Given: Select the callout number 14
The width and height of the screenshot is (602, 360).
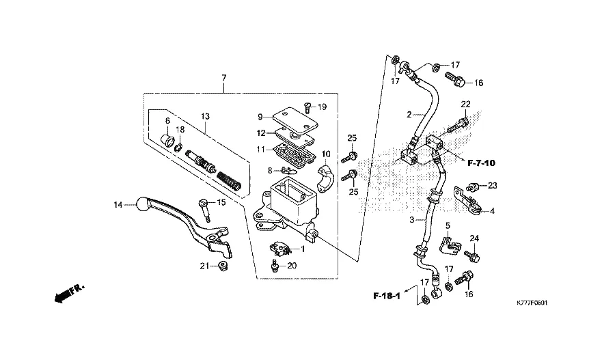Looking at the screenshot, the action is click(x=118, y=206).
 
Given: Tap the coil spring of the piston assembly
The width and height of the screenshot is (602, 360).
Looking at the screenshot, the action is click(x=229, y=180).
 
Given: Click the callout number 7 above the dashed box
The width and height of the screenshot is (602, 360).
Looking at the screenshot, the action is click(x=224, y=78).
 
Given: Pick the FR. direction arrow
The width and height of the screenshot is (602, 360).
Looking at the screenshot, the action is click(x=69, y=294).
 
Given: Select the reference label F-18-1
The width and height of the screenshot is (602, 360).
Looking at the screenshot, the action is click(x=387, y=296).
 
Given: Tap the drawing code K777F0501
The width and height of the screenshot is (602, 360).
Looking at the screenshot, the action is click(x=532, y=303).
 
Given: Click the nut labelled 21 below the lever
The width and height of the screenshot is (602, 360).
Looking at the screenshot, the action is click(x=222, y=265).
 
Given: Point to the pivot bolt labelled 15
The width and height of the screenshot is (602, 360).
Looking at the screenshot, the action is click(x=204, y=210).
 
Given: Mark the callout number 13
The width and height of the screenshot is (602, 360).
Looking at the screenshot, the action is click(x=206, y=116).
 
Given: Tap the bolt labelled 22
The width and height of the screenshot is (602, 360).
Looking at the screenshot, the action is click(x=458, y=124).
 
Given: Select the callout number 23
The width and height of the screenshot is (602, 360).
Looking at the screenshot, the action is click(x=493, y=186).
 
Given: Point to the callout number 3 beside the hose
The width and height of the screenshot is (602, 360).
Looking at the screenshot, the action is click(x=412, y=220).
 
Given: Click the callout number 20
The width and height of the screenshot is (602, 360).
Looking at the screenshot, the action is click(x=292, y=266).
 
